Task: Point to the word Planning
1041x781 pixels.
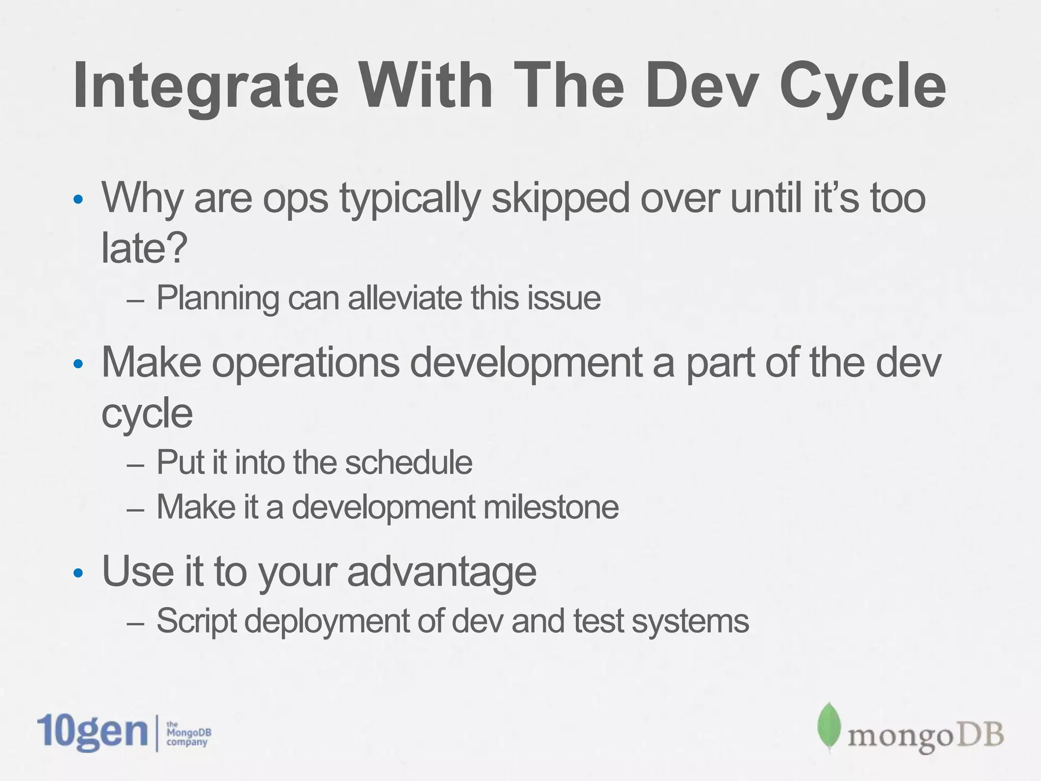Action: [218, 298]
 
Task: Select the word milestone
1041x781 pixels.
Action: [551, 507]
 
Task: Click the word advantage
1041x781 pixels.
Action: [441, 571]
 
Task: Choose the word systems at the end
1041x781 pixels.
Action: [690, 621]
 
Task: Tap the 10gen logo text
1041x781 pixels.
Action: [92, 732]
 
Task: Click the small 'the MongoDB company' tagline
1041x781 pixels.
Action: [188, 734]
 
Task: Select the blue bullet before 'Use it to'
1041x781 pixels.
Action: [78, 574]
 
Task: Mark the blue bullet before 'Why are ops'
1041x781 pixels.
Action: [78, 200]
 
